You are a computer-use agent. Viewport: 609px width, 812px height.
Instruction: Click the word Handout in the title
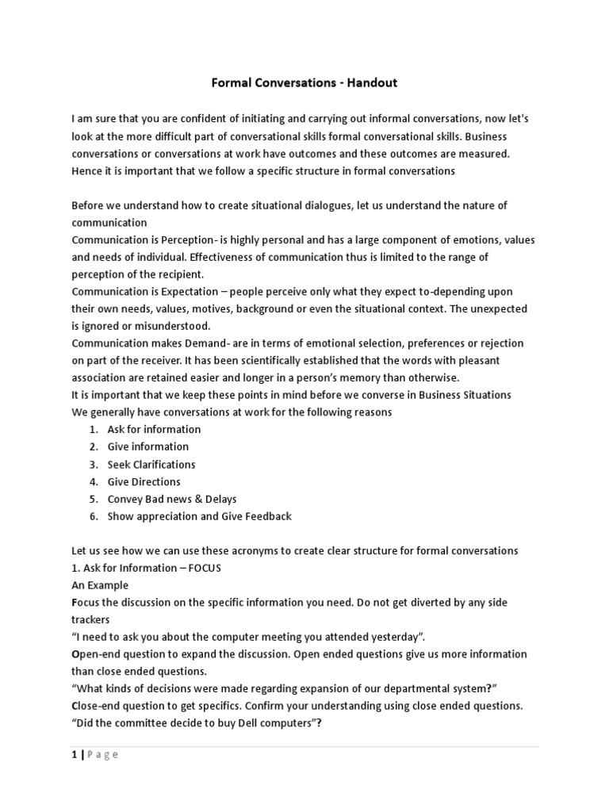tap(370, 82)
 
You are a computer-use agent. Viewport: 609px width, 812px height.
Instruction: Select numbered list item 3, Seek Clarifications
tap(151, 464)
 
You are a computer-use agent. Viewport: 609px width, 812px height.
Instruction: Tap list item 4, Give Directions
tap(144, 481)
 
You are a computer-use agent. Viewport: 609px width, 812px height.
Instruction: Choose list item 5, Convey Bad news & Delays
tap(171, 499)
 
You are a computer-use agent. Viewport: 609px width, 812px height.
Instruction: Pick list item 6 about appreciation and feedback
tap(199, 516)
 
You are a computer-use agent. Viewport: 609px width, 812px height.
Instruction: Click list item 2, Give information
tap(147, 446)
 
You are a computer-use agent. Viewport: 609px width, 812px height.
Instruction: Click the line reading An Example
tap(100, 585)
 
